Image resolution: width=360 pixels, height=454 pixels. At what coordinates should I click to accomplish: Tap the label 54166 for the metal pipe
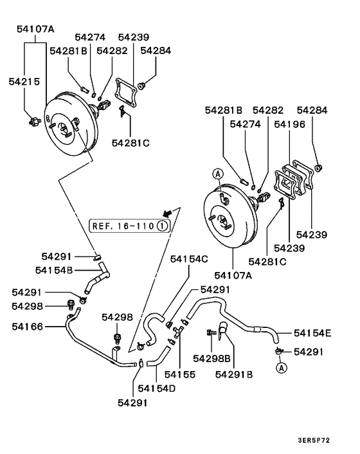point(27,327)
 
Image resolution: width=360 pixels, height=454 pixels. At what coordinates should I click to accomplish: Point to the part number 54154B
point(53,269)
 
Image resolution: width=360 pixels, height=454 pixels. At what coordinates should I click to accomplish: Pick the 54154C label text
point(189,259)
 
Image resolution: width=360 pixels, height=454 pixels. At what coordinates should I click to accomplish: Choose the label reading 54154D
point(157,388)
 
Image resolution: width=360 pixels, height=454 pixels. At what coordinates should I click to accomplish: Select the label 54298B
point(212,358)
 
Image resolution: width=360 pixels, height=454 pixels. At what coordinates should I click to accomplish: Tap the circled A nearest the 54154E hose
point(281,368)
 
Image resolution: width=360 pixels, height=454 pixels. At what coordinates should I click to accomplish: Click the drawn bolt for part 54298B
point(210,332)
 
